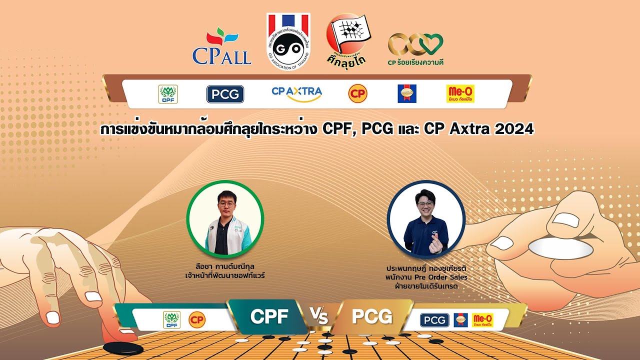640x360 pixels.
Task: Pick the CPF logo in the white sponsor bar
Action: click(x=168, y=94)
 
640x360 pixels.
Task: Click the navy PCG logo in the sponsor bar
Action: click(x=225, y=94)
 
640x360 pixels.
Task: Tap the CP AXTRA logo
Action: click(x=296, y=93)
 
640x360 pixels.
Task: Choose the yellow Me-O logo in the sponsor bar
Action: click(x=460, y=93)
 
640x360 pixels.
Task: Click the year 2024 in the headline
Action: click(x=514, y=129)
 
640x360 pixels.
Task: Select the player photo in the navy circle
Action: click(x=426, y=219)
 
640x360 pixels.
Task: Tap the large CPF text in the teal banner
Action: click(x=268, y=316)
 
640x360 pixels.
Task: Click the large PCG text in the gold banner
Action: click(x=371, y=316)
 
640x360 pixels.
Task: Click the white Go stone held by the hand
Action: click(x=560, y=248)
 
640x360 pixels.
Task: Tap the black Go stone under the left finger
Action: click(x=123, y=348)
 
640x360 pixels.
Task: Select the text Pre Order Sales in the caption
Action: click(x=440, y=277)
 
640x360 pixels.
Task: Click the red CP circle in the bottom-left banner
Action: click(x=196, y=319)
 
